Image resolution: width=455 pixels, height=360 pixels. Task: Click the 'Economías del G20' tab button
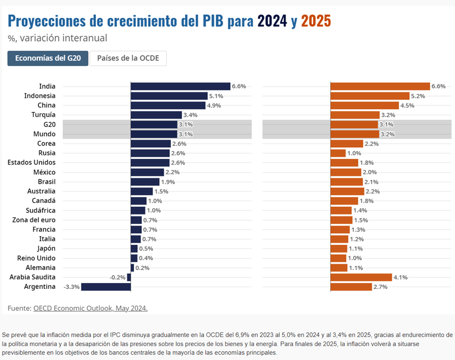click(x=48, y=58)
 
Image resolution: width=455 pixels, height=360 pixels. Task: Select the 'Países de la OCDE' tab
click(x=128, y=58)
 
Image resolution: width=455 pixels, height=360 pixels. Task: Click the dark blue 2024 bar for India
click(x=180, y=86)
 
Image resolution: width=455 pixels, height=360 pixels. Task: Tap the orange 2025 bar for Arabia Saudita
click(x=362, y=277)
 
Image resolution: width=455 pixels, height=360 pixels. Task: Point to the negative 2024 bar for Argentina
click(x=106, y=287)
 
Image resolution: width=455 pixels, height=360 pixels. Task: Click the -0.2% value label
click(x=118, y=277)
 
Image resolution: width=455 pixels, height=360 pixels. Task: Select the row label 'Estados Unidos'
click(x=31, y=163)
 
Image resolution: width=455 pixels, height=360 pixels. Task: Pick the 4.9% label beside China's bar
click(x=214, y=105)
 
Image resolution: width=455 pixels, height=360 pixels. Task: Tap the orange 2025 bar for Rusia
click(x=338, y=153)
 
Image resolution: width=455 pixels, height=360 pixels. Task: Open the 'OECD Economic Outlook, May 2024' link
click(x=90, y=308)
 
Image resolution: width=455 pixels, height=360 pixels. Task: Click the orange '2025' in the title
click(x=316, y=21)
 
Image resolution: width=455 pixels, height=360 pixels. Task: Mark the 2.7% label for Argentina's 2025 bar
click(x=380, y=287)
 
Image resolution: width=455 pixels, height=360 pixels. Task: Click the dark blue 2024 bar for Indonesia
click(x=169, y=96)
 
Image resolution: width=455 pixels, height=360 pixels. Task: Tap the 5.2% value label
click(x=418, y=96)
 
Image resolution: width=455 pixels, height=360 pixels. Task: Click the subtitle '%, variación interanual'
click(x=57, y=38)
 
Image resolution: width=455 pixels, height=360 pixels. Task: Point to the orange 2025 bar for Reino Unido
click(x=338, y=258)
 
